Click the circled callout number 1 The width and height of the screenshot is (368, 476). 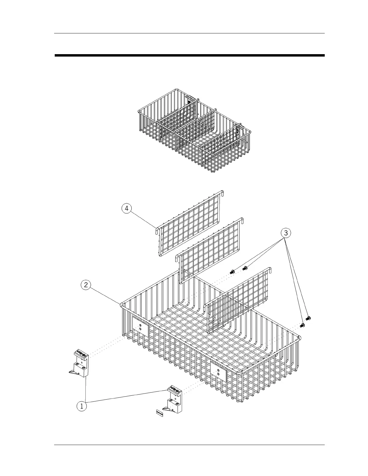[81, 406]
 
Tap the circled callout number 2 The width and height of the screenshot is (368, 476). [86, 285]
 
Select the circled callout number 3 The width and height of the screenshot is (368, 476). [286, 233]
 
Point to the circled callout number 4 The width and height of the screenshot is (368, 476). [127, 209]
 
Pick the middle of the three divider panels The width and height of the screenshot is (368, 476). [210, 250]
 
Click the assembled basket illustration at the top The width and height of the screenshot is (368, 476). [194, 131]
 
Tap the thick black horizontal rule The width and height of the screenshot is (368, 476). [189, 55]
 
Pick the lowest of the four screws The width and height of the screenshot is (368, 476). [303, 325]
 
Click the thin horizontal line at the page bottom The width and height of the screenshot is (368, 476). [189, 445]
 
